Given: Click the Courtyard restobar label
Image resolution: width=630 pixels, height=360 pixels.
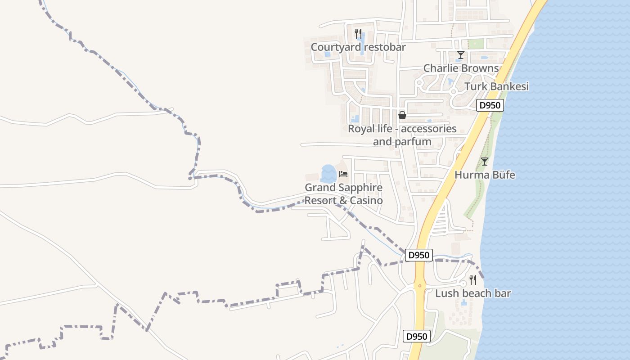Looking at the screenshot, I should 358,47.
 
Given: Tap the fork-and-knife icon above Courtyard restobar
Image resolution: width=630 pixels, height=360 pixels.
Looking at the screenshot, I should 358,33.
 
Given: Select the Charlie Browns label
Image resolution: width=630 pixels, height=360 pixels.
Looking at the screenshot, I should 461,68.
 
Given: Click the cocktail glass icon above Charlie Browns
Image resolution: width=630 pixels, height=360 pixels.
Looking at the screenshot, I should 460,55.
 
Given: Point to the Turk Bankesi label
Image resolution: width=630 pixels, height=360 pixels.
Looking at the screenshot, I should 496,86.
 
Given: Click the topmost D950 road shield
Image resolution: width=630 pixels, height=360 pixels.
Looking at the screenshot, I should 490,105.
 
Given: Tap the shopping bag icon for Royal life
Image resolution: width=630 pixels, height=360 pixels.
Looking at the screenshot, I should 402,115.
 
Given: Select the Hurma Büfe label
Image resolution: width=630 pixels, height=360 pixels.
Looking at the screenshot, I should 485,175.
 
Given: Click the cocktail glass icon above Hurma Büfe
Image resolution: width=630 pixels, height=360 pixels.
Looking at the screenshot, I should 484,161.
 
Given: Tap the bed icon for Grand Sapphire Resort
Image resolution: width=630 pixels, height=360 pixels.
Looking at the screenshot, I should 343,174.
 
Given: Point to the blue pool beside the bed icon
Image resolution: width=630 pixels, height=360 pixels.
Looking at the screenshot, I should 328,174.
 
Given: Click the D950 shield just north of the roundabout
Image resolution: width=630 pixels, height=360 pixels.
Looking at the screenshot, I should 419,255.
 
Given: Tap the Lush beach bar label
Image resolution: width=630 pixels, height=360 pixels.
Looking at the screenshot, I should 473,293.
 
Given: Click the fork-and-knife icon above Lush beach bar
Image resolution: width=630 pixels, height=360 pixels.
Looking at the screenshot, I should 473,280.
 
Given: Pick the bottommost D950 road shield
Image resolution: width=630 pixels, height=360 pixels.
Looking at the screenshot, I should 417,336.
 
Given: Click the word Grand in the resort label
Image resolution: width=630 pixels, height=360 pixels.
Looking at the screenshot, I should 320,188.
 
